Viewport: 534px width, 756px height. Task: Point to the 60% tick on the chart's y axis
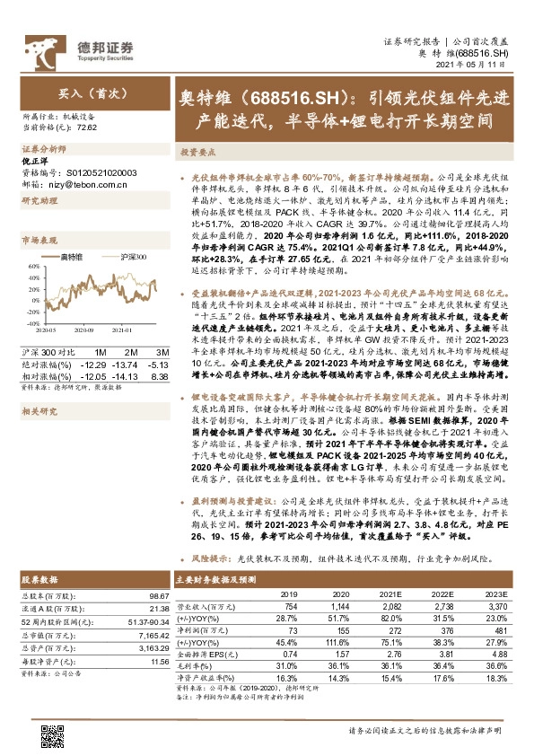(31, 267)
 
